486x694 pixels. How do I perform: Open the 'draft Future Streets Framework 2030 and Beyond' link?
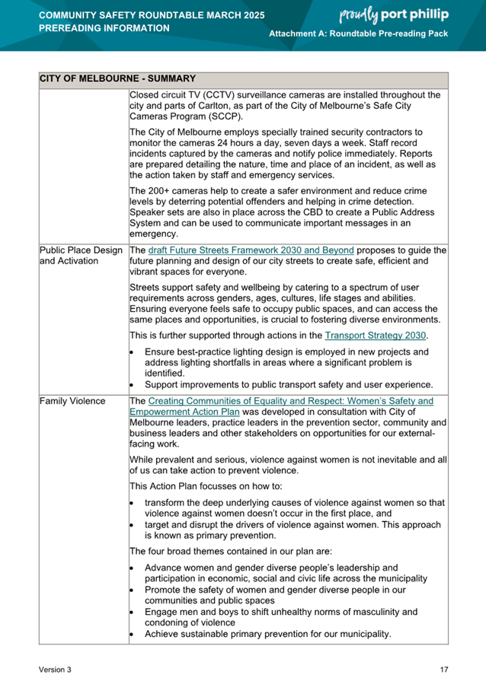pyautogui.click(x=251, y=250)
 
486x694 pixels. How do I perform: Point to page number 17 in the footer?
pyautogui.click(x=444, y=670)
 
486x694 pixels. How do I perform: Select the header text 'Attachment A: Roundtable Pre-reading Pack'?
pyautogui.click(x=359, y=36)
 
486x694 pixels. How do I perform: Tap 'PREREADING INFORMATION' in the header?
pyautogui.click(x=104, y=28)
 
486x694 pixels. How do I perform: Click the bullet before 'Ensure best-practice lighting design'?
pyautogui.click(x=133, y=352)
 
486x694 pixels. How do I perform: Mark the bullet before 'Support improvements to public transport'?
pyautogui.click(x=133, y=384)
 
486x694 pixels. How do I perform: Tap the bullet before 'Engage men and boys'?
pyautogui.click(x=133, y=611)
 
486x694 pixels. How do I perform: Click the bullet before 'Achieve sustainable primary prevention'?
pyautogui.click(x=133, y=633)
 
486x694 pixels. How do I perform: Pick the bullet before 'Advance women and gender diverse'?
pyautogui.click(x=133, y=568)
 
